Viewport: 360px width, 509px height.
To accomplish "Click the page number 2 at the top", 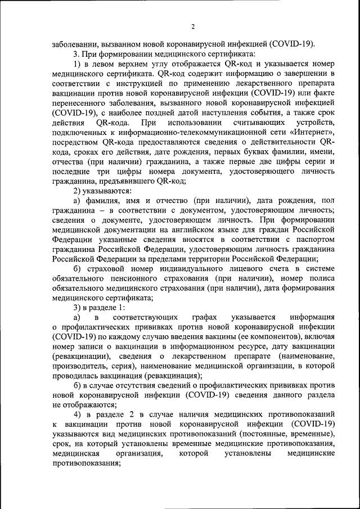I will pos(192,26).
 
